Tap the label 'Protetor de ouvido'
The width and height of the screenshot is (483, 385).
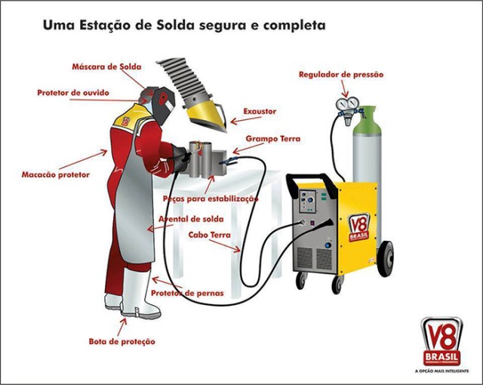tap(73, 93)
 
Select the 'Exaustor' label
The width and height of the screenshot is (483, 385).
tap(260, 112)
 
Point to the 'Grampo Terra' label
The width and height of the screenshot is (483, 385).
tap(272, 140)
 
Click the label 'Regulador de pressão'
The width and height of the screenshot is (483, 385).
tap(341, 75)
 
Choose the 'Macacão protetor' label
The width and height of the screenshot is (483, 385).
tap(55, 174)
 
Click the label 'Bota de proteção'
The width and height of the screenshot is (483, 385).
tap(122, 341)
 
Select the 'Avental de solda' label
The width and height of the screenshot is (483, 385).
tap(190, 219)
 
